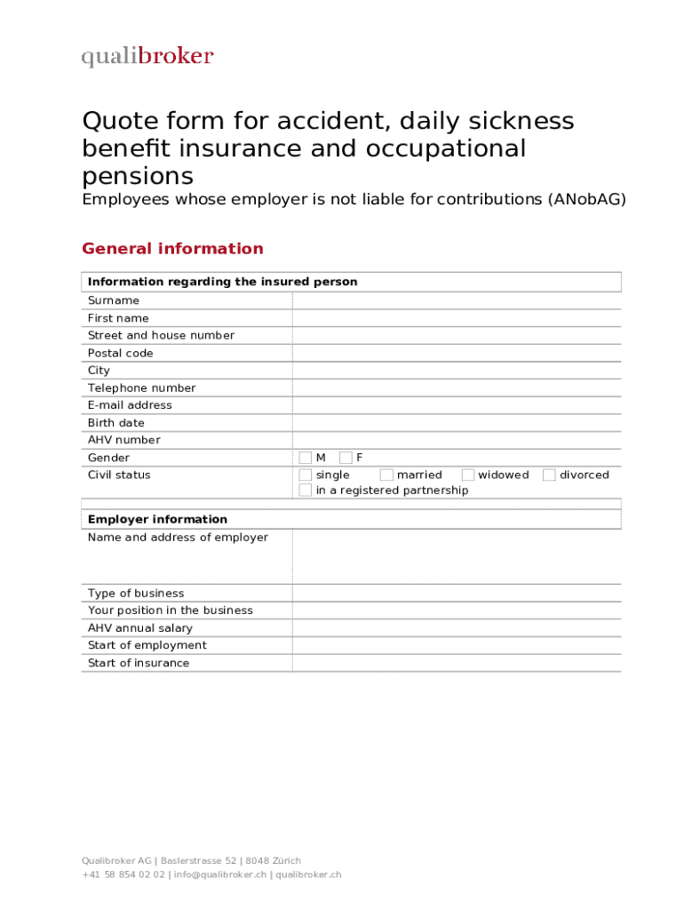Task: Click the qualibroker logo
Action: point(147,57)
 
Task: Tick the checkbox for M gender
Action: point(306,458)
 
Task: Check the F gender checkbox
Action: point(346,458)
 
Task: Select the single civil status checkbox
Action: point(306,475)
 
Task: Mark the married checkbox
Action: point(386,475)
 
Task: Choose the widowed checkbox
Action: point(467,475)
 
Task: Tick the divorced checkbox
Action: point(549,475)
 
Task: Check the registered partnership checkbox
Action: point(306,491)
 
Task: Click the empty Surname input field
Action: point(456,300)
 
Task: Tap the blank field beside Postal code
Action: point(456,353)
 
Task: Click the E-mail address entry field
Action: point(456,405)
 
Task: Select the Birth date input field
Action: point(456,423)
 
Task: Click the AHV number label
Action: point(123,440)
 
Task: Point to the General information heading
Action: point(172,249)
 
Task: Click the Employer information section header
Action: point(157,519)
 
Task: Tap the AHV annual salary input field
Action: point(456,628)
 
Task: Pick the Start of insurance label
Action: point(138,663)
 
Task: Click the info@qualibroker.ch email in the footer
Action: point(219,874)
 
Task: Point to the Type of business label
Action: point(136,593)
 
